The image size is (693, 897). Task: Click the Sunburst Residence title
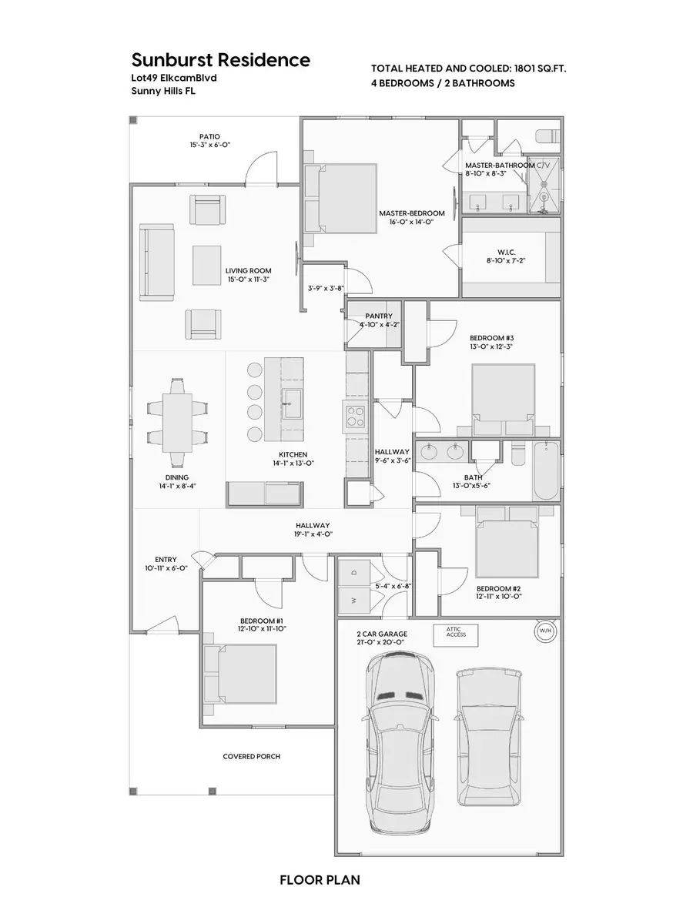click(220, 60)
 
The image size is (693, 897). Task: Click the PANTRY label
click(379, 316)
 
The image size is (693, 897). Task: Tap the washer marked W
click(353, 599)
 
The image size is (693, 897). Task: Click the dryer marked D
click(353, 573)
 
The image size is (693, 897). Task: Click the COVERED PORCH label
click(251, 756)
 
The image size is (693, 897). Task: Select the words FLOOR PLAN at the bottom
click(320, 879)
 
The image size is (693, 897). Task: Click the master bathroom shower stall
click(548, 184)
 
